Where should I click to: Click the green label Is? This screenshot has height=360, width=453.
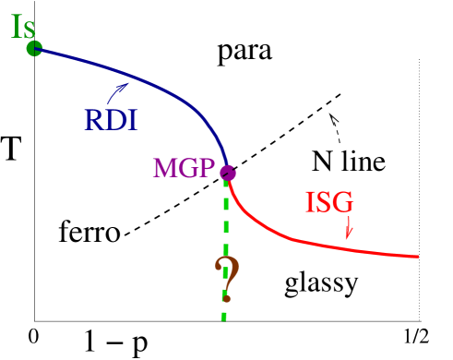(24, 26)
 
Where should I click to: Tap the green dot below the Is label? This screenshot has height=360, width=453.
(34, 48)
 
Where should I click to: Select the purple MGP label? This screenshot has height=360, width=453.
(184, 169)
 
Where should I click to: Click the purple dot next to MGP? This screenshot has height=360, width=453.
(228, 173)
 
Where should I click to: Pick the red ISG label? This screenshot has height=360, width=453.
(329, 203)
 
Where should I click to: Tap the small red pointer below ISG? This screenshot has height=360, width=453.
(349, 229)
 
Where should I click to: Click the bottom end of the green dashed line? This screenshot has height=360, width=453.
(222, 318)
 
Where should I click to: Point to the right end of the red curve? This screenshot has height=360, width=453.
(418, 256)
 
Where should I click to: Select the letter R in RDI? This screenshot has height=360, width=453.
(95, 120)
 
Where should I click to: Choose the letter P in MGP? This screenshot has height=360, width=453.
(206, 169)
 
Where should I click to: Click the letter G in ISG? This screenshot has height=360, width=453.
(343, 203)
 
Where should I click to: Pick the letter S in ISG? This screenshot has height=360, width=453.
(324, 203)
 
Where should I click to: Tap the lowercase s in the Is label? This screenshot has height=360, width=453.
(32, 30)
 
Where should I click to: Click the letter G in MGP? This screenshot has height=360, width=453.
(187, 169)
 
